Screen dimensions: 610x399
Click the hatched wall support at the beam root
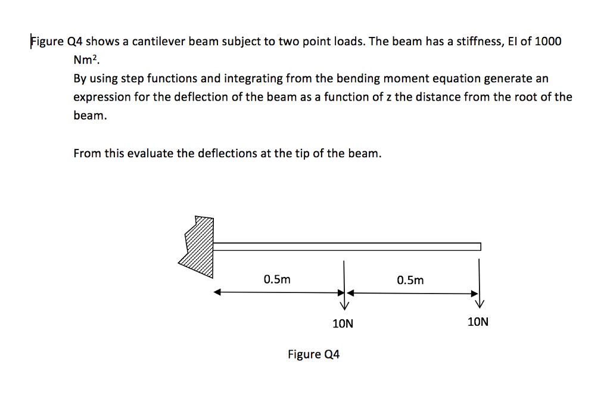[198, 244]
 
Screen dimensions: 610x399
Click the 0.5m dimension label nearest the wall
[277, 279]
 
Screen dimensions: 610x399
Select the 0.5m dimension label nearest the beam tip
[410, 279]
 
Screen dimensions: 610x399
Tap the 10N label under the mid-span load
[343, 324]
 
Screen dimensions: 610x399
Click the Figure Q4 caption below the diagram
[313, 354]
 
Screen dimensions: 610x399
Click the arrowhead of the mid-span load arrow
[344, 306]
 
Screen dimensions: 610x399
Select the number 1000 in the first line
[548, 42]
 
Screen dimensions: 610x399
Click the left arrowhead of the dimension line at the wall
[217, 292]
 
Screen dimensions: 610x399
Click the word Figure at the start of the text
[48, 42]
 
